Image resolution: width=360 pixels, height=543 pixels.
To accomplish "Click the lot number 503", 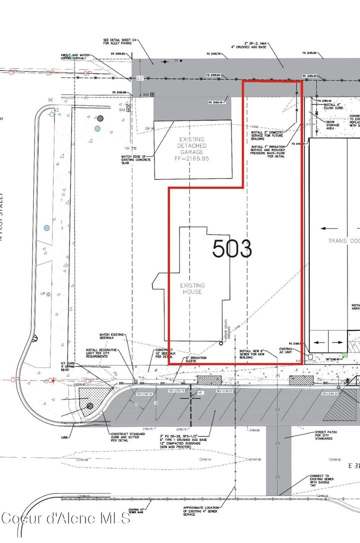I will (232, 248).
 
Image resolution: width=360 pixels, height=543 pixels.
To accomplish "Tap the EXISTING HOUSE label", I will (192, 288).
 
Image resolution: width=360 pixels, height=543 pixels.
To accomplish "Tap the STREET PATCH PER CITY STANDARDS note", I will (327, 435).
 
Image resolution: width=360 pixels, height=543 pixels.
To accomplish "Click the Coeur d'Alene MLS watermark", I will (65, 517).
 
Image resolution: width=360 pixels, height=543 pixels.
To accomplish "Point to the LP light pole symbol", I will (48, 295).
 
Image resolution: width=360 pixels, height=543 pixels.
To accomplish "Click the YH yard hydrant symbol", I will (127, 148).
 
